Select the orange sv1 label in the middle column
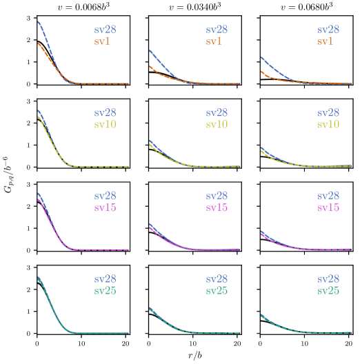click(213, 42)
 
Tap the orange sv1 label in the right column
click(325, 42)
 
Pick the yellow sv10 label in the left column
click(105, 125)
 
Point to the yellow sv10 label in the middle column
click(216, 125)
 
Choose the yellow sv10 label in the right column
click(328, 125)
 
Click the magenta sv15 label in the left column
click(105, 208)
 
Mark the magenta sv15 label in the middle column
click(216, 208)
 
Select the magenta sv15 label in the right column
click(328, 208)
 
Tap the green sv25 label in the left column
click(105, 291)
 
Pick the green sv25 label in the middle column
click(216, 291)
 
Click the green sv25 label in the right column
click(328, 291)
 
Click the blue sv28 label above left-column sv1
click(105, 30)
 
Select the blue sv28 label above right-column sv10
click(328, 113)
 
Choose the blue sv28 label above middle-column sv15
click(216, 196)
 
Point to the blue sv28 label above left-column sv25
click(105, 279)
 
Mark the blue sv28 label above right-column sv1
click(328, 30)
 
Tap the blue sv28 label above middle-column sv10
click(216, 113)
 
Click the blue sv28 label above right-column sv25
click(328, 279)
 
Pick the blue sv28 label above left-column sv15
click(105, 196)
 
